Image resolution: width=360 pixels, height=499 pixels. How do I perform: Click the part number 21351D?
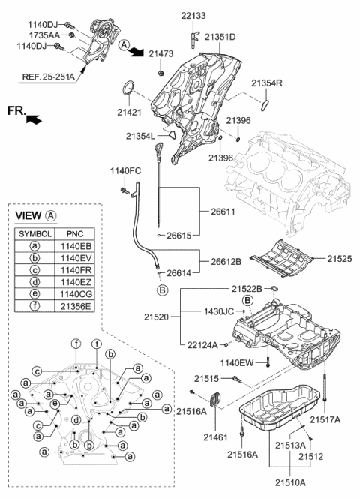pos(220,37)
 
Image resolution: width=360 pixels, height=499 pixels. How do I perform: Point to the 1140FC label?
pos(125,170)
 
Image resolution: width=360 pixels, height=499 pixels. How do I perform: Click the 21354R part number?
pos(267,83)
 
